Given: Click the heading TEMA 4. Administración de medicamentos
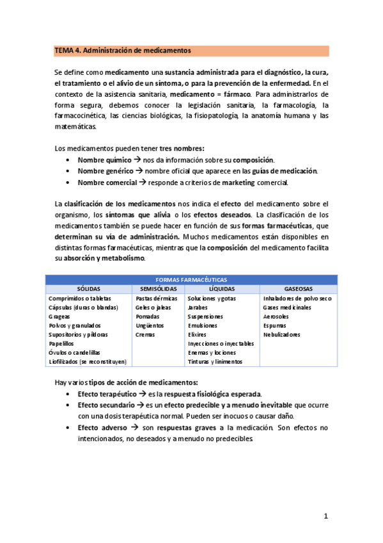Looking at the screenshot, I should [x=123, y=50].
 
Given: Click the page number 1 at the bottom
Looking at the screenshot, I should [x=325, y=516].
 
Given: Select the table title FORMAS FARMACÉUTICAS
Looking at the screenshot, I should [x=191, y=280].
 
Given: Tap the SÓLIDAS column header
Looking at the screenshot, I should [x=89, y=289].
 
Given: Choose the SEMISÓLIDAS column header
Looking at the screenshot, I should [x=158, y=289].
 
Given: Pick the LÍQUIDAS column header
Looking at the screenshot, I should [x=222, y=289].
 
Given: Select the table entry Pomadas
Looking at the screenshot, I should [x=149, y=316].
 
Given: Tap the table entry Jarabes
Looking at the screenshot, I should [x=198, y=307].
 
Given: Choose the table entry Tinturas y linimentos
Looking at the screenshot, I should [x=214, y=361].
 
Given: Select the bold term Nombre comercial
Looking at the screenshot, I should [x=106, y=182].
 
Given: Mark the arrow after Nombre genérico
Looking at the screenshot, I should [x=138, y=171].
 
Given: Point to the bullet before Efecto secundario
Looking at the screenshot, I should [x=69, y=405].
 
